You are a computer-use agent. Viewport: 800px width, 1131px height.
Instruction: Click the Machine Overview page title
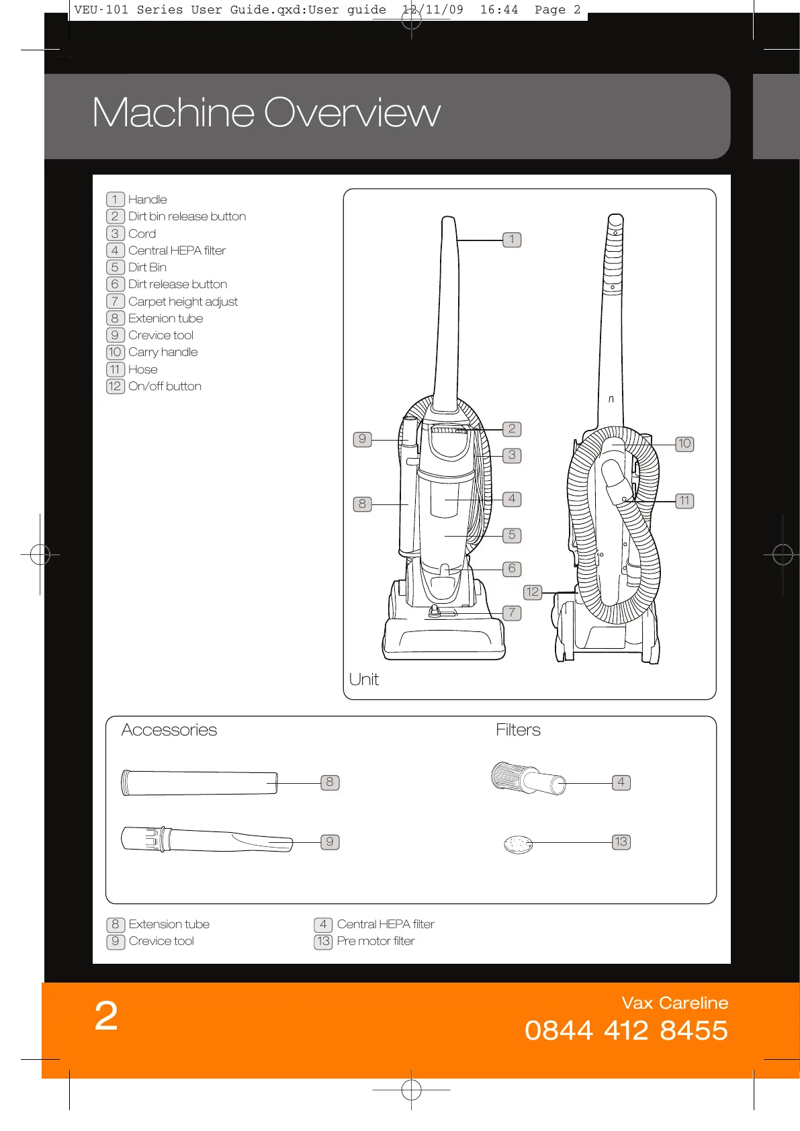[266, 112]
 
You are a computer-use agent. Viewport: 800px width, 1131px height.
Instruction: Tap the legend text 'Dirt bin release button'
[187, 216]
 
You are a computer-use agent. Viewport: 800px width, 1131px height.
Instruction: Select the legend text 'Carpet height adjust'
[183, 302]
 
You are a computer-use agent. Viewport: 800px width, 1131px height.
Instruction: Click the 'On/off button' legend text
[165, 386]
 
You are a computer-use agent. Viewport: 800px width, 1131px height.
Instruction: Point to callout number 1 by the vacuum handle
[512, 240]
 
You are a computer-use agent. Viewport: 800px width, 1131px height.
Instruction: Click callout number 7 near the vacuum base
[512, 613]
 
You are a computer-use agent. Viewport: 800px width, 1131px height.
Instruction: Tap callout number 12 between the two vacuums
[532, 592]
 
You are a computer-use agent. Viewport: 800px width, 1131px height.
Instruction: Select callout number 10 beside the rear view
[684, 443]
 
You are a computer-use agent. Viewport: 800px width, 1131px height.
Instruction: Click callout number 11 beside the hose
[684, 501]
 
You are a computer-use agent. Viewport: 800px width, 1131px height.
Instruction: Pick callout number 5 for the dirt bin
[512, 535]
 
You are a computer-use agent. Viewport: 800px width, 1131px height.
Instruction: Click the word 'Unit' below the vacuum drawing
[364, 679]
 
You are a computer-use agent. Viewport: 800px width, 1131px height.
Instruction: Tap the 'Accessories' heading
[169, 730]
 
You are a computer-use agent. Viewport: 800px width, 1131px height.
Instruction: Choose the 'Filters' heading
[518, 730]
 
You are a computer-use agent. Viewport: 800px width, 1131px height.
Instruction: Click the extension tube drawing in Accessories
[199, 783]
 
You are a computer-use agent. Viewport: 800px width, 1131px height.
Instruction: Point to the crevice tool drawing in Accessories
[206, 840]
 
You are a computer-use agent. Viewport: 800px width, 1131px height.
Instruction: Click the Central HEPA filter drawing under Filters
[528, 779]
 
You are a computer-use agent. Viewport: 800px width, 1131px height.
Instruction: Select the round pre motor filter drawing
[518, 844]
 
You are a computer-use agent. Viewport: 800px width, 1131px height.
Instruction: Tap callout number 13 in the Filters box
[621, 842]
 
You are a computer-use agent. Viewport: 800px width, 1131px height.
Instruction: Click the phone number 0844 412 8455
[626, 1030]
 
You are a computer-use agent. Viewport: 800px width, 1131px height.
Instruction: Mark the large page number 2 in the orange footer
[106, 1015]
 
